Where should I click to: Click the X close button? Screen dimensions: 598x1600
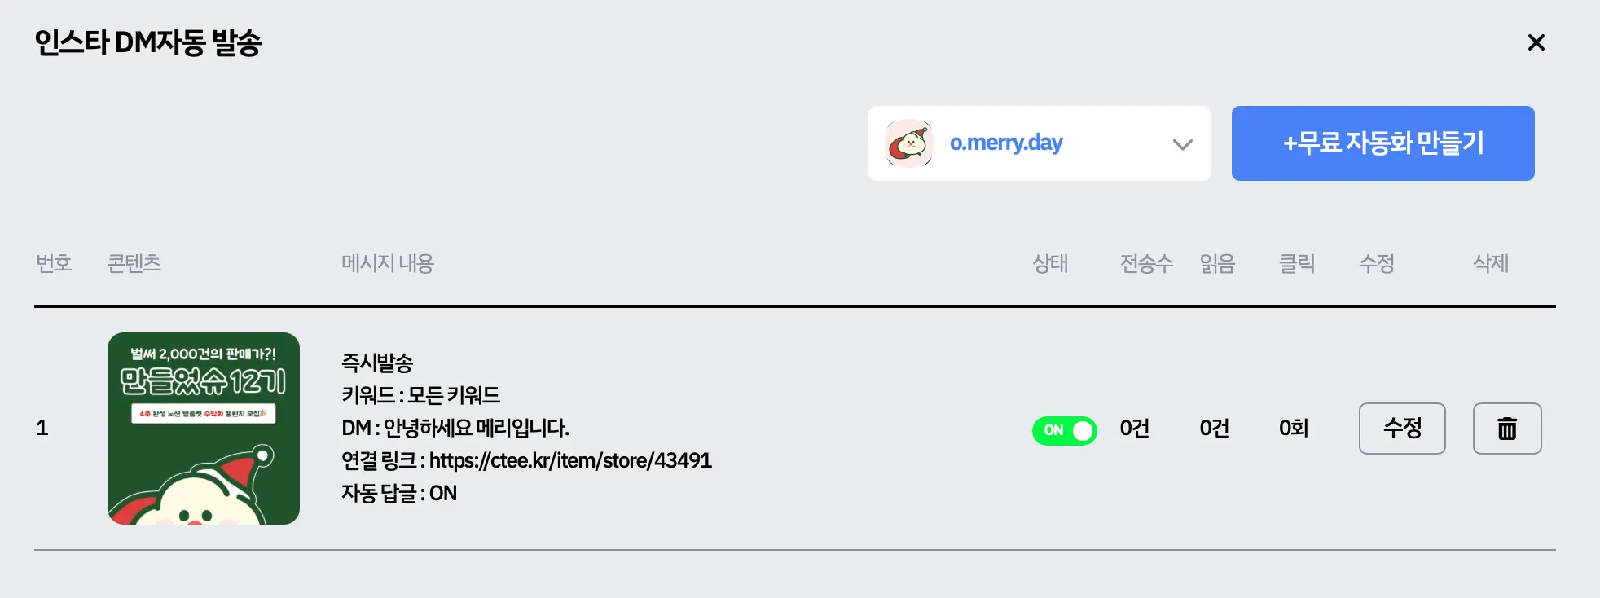(1536, 42)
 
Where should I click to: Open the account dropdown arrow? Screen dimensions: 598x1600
(1182, 144)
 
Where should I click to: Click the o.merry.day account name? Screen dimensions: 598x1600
(1006, 143)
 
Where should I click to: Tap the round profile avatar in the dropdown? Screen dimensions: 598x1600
(909, 143)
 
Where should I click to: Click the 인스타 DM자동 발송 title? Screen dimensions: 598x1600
(147, 42)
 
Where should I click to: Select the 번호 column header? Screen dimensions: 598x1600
(54, 263)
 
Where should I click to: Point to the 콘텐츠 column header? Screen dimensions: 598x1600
(134, 263)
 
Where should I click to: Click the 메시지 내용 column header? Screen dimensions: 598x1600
(388, 263)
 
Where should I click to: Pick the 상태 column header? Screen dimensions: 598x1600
(1050, 263)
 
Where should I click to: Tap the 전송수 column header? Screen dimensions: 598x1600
(1146, 263)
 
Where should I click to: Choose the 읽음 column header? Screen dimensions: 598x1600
(1217, 263)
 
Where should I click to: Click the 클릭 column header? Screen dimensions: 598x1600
(1297, 263)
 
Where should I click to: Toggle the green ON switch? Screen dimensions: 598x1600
(1065, 430)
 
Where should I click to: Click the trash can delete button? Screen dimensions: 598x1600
(1507, 429)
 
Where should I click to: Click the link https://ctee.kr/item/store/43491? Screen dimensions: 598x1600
(570, 460)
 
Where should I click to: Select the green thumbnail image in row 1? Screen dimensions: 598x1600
(204, 429)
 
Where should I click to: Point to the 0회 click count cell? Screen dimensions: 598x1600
(1294, 429)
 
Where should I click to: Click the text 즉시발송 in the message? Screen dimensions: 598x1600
(377, 363)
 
